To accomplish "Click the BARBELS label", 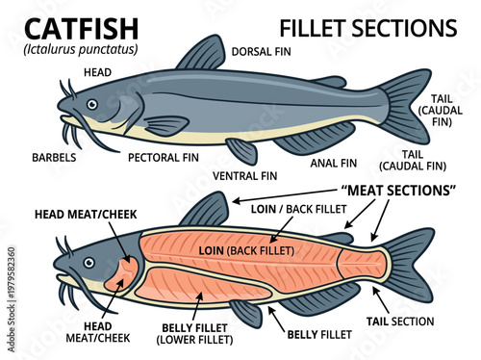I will coord(54,155).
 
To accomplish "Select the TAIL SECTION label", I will coord(399,321).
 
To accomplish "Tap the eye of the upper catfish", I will coord(91,104).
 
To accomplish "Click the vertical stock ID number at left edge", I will coord(11,283).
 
